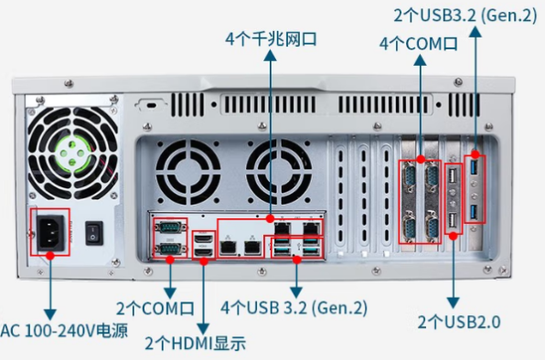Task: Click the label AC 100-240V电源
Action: coord(64,330)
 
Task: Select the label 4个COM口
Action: coord(418,43)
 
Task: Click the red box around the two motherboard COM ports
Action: coord(169,238)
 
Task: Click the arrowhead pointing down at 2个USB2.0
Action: coord(454,302)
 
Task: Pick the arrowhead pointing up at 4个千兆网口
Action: coord(270,57)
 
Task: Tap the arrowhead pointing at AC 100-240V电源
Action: coord(51,312)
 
